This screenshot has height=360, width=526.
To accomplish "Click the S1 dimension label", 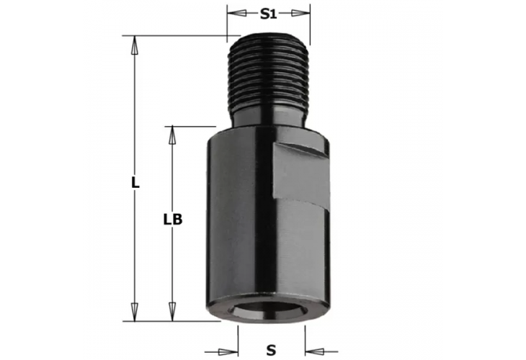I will click(269, 14).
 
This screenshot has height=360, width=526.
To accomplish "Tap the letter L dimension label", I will click(134, 183).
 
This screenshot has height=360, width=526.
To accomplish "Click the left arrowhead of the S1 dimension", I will click(233, 14).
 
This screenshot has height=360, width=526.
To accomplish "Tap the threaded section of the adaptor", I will click(269, 72).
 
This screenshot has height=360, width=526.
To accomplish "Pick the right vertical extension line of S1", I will click(310, 25).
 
